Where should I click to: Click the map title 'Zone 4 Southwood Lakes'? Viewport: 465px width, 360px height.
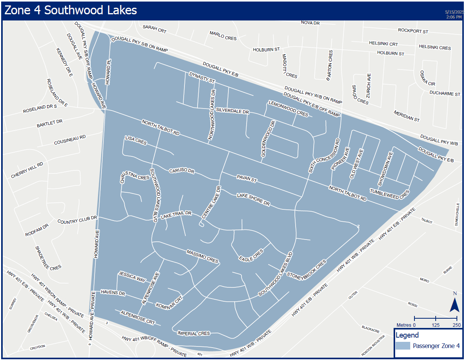(71, 10)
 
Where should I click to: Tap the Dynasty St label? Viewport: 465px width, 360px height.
(201, 78)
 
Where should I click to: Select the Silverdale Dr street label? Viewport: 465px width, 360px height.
(232, 111)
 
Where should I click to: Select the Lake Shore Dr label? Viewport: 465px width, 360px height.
(253, 199)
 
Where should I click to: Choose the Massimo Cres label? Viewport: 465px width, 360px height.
(203, 256)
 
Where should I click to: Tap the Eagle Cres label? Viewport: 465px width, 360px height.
(251, 255)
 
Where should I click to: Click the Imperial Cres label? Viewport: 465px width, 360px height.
(193, 333)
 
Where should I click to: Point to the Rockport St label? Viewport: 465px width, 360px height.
(413, 31)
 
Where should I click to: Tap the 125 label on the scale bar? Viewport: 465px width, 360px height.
(435, 325)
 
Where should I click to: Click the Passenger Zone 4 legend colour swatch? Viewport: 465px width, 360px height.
(403, 345)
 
